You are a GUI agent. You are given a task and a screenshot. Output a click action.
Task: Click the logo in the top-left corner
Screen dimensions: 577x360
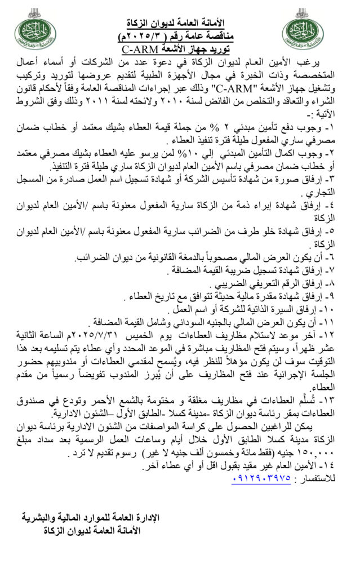34,33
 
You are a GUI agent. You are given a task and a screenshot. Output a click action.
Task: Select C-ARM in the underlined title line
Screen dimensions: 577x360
139,50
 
